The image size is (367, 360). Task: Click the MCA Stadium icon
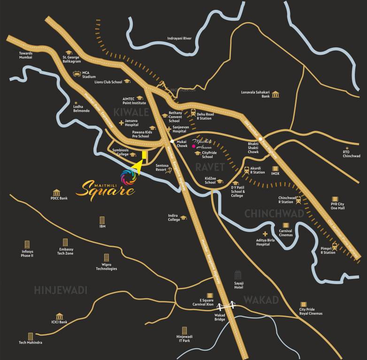click(77, 74)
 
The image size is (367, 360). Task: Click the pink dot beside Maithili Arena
click(187, 146)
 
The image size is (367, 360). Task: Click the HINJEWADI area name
click(61, 291)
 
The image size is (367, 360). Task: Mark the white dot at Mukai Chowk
click(172, 141)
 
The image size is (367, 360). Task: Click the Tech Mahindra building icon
click(31, 336)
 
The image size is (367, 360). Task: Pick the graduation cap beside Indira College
click(184, 217)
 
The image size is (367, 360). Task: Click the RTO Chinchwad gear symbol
click(346, 146)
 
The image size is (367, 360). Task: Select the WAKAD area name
click(261, 300)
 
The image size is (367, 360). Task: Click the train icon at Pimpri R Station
click(335, 246)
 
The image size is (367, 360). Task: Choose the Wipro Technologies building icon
click(106, 257)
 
